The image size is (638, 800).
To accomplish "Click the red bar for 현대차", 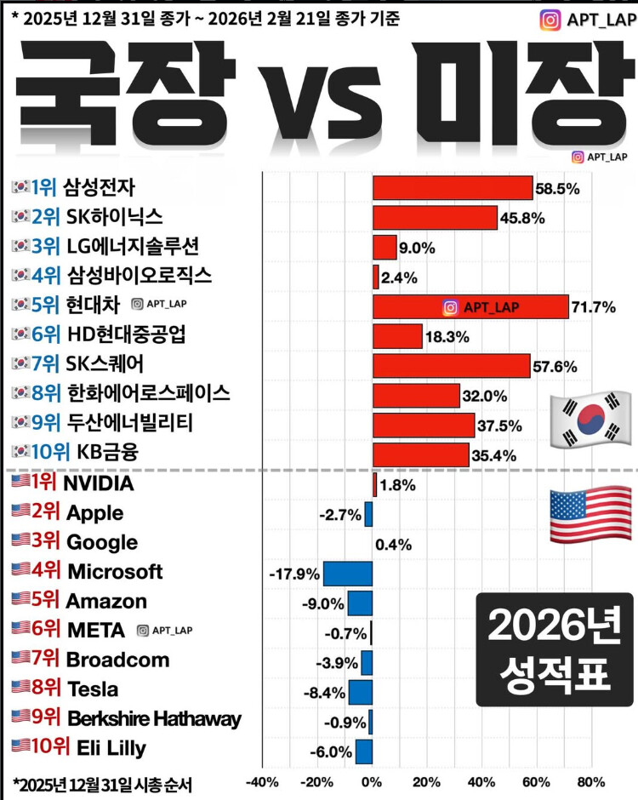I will pyautogui.click(x=470, y=306).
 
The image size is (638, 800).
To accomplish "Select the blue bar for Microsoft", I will pyautogui.click(x=348, y=574).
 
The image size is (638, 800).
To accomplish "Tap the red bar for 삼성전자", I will pyautogui.click(x=453, y=188).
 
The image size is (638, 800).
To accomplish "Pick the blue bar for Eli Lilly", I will pyautogui.click(x=364, y=751).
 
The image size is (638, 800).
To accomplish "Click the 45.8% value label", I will pyautogui.click(x=523, y=218).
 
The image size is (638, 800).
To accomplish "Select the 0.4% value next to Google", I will pyautogui.click(x=393, y=545).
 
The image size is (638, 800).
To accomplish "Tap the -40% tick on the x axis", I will pyautogui.click(x=262, y=782).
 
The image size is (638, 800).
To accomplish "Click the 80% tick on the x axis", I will pyautogui.click(x=591, y=782).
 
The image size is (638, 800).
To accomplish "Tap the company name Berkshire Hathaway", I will pyautogui.click(x=153, y=719).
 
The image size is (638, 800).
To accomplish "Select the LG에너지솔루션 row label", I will pyautogui.click(x=133, y=247).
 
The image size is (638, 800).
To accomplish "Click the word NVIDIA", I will pyautogui.click(x=100, y=484).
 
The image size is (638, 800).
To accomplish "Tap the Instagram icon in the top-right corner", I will pyautogui.click(x=550, y=19).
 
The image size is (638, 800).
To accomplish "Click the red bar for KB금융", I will pyautogui.click(x=421, y=454).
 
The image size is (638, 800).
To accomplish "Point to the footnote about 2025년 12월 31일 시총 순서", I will pyautogui.click(x=104, y=782).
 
